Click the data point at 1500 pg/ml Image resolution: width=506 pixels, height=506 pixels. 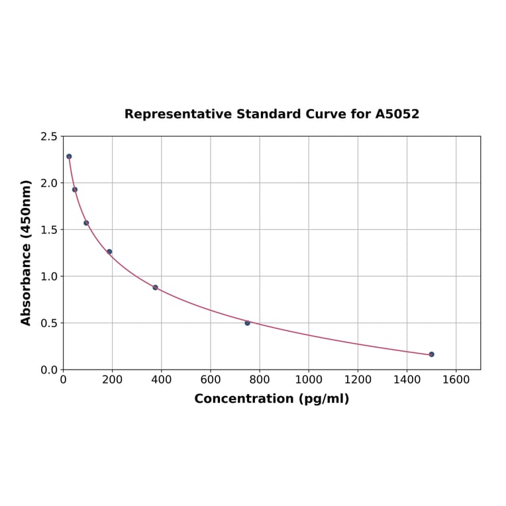click(x=431, y=354)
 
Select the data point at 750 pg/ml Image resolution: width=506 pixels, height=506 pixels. click(x=247, y=323)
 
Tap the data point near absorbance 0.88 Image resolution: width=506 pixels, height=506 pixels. click(x=155, y=287)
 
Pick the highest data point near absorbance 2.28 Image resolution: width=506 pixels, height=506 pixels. click(x=69, y=156)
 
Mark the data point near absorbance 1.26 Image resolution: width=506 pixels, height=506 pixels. click(x=109, y=252)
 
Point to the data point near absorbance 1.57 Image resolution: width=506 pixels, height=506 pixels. click(x=86, y=223)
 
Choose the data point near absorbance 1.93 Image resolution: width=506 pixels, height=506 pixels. click(x=75, y=189)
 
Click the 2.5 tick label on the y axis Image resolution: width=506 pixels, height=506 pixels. click(x=48, y=136)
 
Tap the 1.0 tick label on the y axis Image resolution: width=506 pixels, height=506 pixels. click(x=48, y=276)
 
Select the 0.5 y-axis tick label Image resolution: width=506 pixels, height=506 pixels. click(x=48, y=323)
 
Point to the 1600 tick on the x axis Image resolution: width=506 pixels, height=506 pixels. click(x=456, y=379)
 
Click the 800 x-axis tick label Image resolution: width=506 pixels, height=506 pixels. click(x=260, y=379)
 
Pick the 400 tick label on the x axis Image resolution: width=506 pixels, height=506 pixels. click(x=161, y=379)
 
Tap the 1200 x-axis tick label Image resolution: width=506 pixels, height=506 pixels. click(x=358, y=379)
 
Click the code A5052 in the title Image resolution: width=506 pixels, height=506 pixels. click(x=397, y=114)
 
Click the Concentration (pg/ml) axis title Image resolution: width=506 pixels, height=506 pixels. click(x=272, y=399)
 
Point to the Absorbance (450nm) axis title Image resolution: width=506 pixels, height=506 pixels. click(x=26, y=252)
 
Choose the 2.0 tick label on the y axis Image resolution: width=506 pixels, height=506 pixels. click(x=48, y=183)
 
